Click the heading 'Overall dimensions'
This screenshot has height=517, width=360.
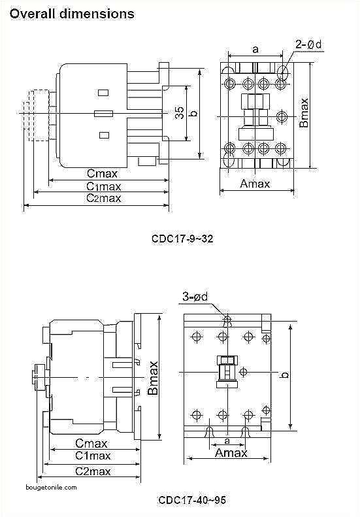click(72, 13)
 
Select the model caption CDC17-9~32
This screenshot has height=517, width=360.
click(182, 239)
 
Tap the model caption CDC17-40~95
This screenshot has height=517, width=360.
click(192, 500)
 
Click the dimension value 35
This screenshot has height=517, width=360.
click(179, 113)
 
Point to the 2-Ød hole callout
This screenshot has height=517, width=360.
click(308, 44)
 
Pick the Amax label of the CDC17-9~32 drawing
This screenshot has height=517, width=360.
click(255, 184)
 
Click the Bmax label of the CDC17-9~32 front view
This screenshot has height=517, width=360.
click(304, 112)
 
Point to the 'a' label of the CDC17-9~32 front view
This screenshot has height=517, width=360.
click(255, 48)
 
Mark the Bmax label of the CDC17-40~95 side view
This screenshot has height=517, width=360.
click(153, 377)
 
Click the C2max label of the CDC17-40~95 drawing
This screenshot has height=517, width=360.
click(92, 471)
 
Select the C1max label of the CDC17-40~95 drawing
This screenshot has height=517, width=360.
click(92, 456)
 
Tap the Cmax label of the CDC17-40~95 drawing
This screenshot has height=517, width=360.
click(91, 442)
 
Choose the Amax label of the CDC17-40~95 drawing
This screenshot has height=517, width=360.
click(231, 453)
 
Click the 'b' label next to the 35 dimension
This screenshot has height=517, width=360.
click(192, 113)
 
